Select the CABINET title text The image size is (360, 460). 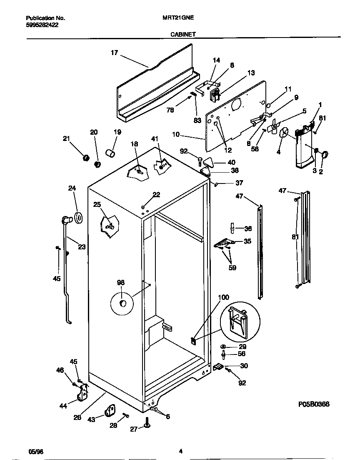(183, 35)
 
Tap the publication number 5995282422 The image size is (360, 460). (42, 25)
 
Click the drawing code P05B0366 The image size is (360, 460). (314, 404)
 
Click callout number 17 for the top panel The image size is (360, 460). (114, 53)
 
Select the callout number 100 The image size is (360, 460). (223, 297)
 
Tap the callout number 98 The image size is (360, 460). (121, 283)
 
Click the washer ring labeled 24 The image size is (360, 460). (78, 217)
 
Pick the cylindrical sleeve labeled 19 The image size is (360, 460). (110, 154)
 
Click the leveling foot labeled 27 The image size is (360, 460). (147, 424)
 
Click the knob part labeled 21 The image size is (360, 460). (86, 158)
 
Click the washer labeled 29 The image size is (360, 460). (224, 347)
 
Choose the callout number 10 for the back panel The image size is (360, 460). (175, 134)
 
